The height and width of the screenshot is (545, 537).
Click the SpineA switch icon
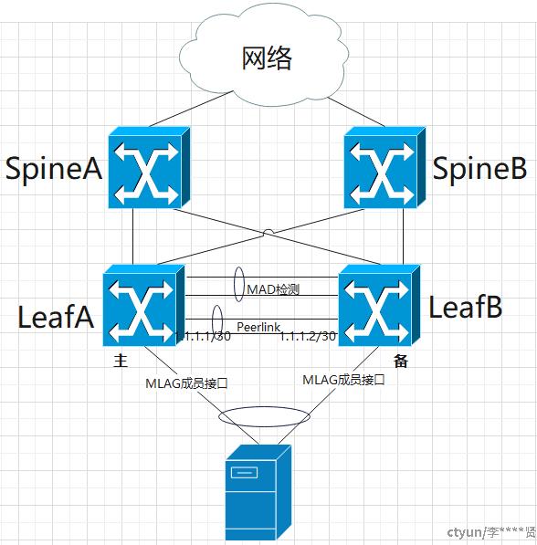click(149, 168)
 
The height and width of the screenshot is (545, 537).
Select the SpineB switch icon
click(384, 168)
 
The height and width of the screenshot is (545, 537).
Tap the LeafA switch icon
click(143, 305)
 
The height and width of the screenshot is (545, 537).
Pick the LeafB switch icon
click(379, 305)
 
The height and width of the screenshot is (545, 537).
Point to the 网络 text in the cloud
click(267, 58)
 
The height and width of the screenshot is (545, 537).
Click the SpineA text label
click(54, 169)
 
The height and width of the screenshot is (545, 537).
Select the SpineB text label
click(479, 169)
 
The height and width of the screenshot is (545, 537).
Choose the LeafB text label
click(466, 307)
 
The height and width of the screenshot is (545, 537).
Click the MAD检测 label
click(273, 289)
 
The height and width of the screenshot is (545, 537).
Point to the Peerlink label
click(258, 327)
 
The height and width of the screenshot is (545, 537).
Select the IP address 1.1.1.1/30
click(203, 336)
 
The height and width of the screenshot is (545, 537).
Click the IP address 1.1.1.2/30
click(308, 336)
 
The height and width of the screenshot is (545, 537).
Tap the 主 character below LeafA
click(121, 361)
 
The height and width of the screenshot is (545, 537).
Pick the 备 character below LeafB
click(401, 362)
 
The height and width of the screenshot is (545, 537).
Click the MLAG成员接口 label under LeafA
click(187, 383)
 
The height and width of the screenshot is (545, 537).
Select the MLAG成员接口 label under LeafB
click(343, 380)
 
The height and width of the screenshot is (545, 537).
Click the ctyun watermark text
click(491, 532)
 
